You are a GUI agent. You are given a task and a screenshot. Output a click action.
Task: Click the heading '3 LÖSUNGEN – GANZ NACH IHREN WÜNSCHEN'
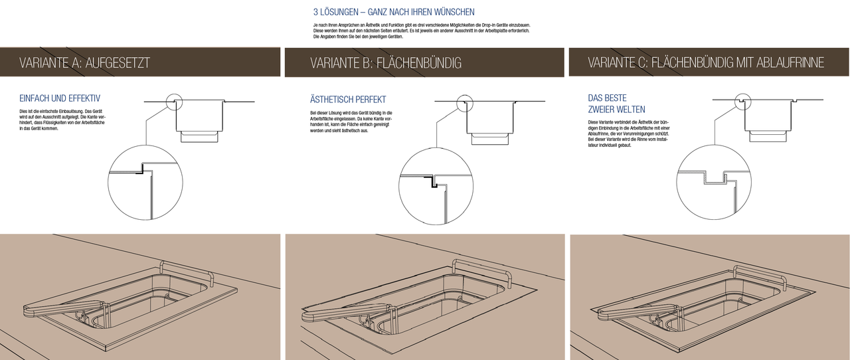click(394, 12)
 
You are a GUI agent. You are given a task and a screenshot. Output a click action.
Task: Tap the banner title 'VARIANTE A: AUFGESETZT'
click(84, 63)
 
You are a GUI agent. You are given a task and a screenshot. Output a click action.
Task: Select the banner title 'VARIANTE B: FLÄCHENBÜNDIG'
click(385, 63)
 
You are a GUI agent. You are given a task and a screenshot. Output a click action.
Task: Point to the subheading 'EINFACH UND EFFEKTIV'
click(60, 98)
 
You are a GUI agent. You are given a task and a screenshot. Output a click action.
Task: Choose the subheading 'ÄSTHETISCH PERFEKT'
click(348, 100)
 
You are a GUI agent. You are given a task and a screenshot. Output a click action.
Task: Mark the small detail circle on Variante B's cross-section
click(465, 102)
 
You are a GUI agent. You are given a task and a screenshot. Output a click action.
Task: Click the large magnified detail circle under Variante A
click(144, 183)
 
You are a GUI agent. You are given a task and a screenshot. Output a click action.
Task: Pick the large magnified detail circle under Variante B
click(435, 184)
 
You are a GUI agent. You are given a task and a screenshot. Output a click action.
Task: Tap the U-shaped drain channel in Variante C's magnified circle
click(715, 178)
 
